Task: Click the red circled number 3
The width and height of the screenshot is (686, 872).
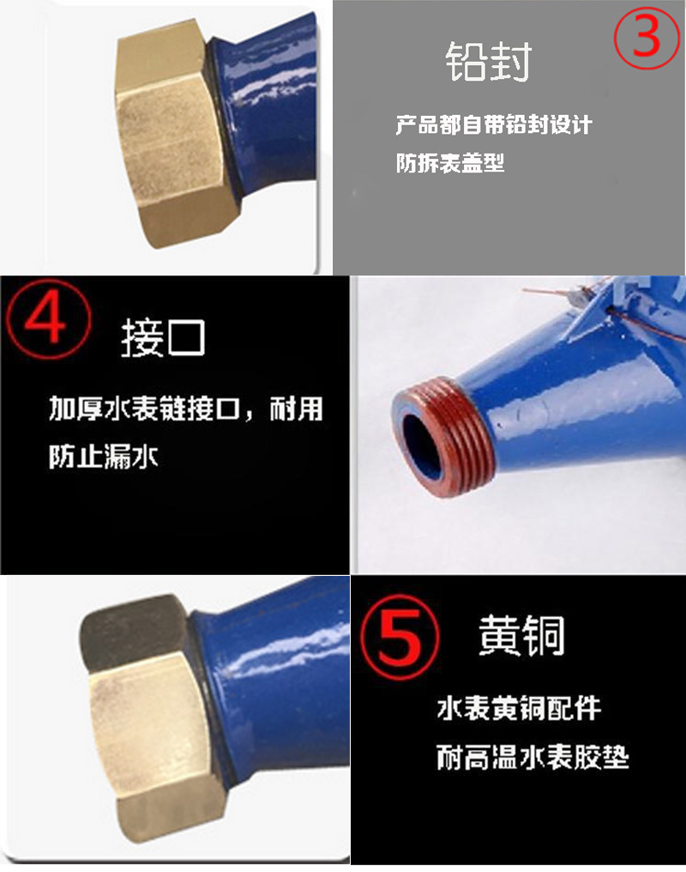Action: click(647, 37)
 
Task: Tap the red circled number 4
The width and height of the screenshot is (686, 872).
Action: click(48, 318)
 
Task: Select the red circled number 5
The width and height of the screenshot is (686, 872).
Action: click(400, 637)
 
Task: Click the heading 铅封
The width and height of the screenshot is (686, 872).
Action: click(488, 61)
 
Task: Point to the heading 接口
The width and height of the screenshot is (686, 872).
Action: click(163, 337)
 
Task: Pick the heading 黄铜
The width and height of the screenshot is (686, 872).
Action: click(521, 635)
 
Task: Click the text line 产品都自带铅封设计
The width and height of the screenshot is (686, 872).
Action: click(494, 124)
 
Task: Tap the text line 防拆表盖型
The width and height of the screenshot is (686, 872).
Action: click(450, 163)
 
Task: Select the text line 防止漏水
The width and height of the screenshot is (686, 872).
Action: click(103, 457)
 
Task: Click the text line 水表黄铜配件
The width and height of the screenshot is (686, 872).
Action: click(519, 709)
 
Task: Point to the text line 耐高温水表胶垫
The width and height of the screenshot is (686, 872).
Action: click(533, 757)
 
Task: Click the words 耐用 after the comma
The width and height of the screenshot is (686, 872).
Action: click(296, 409)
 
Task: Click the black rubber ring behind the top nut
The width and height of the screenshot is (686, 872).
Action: click(222, 117)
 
